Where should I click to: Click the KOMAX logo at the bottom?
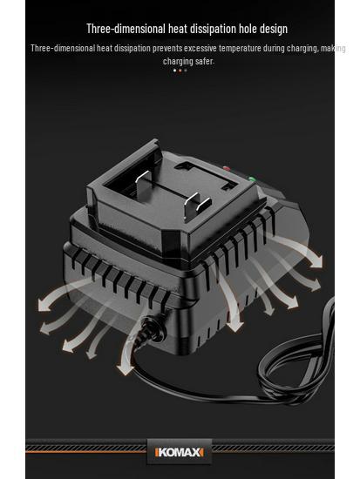[x=180, y=452]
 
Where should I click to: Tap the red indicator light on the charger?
[x=227, y=168]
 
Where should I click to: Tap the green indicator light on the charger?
[x=252, y=179]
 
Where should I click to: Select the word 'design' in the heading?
[x=274, y=30]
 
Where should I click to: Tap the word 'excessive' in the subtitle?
[x=200, y=48]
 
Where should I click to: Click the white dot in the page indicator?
[x=174, y=71]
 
